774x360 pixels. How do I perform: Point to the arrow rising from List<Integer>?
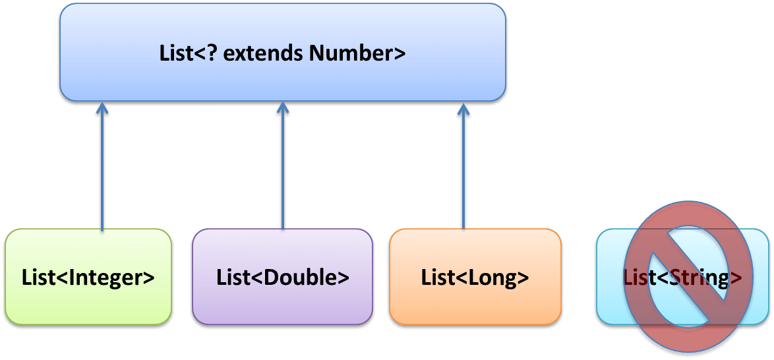coord(102,171)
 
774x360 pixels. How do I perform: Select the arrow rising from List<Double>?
coord(283,171)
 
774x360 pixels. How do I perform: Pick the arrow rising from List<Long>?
coord(463,171)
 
